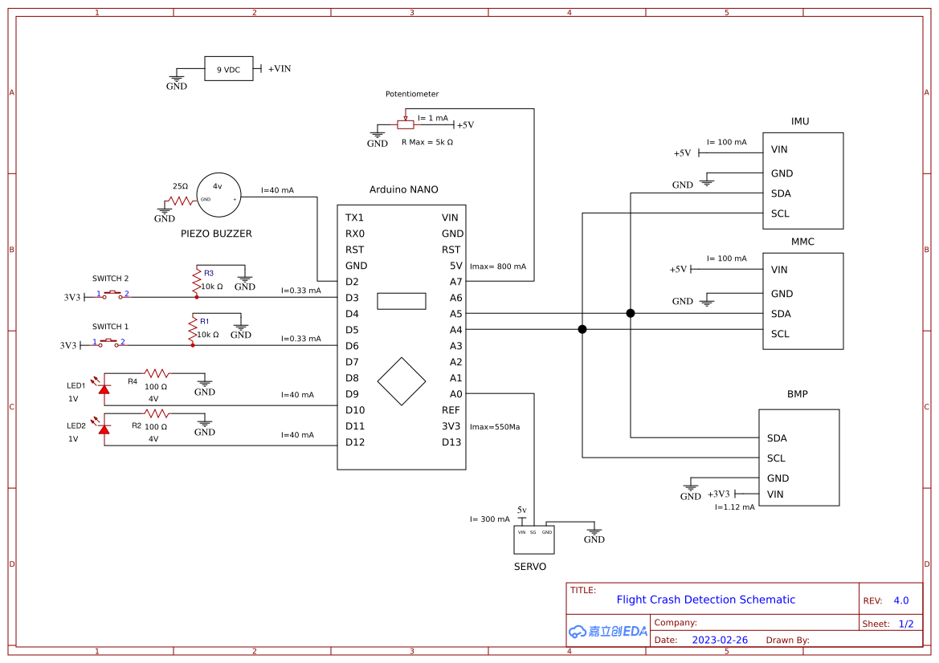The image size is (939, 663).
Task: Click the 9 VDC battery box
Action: (x=228, y=69)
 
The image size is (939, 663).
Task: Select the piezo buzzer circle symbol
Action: (x=218, y=195)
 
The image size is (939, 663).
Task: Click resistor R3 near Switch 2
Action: (x=196, y=280)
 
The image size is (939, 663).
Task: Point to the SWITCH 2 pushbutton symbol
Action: (x=112, y=295)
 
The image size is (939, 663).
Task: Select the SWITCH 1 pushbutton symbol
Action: (x=108, y=344)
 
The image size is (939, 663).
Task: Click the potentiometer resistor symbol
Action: (x=406, y=124)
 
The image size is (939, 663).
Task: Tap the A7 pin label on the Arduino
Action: (x=455, y=282)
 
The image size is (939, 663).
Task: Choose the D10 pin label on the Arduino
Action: (x=355, y=410)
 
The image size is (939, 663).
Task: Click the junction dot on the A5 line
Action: (x=631, y=313)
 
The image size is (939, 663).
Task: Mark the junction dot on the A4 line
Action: (x=582, y=329)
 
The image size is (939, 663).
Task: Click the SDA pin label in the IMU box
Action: (x=781, y=193)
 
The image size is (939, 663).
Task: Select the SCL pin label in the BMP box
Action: (x=776, y=458)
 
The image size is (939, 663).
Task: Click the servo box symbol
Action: (x=534, y=539)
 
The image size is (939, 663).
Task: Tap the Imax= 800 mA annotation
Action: (x=498, y=266)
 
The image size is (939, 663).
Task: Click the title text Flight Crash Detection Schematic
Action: (x=705, y=600)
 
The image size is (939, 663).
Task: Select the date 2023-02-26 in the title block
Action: (x=720, y=640)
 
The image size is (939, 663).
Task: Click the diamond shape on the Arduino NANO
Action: (x=402, y=381)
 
